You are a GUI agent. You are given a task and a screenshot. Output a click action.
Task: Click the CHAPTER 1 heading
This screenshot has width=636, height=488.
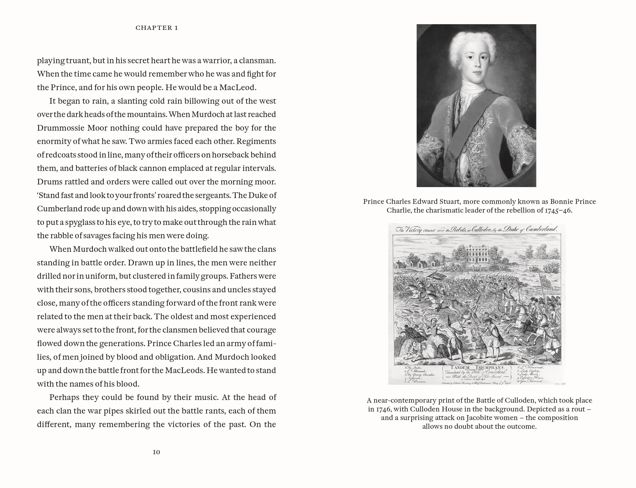157,28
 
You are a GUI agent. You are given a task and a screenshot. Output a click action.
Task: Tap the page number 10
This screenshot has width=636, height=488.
157,452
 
